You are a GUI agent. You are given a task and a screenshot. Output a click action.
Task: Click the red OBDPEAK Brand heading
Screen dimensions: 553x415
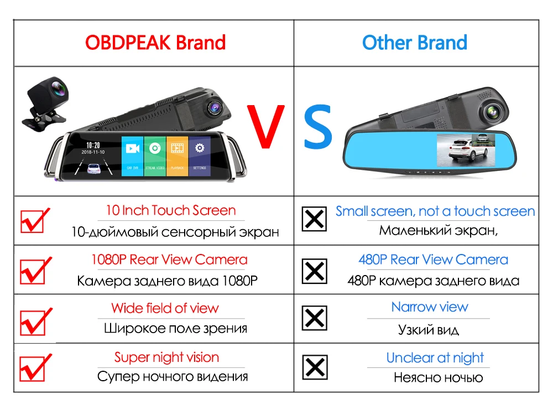click(155, 43)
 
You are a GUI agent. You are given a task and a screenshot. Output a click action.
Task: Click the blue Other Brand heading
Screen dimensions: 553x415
click(415, 43)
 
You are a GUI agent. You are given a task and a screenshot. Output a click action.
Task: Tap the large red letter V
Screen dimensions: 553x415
click(265, 126)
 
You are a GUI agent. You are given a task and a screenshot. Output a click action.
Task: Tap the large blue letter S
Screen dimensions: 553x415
click(318, 126)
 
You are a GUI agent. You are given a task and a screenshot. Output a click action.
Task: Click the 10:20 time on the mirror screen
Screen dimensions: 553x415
click(93, 145)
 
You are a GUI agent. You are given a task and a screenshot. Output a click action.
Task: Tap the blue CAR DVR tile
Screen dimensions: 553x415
click(132, 155)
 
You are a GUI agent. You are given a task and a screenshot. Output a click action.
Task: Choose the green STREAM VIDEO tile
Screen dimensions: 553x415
click(155, 155)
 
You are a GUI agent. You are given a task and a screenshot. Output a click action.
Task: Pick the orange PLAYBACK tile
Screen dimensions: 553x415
click(177, 155)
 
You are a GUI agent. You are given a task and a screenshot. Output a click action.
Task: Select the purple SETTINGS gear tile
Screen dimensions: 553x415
click(200, 155)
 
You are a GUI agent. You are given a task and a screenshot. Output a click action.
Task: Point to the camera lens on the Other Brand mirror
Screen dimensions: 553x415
click(493, 112)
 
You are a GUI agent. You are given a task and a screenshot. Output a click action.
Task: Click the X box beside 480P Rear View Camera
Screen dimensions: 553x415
click(314, 271)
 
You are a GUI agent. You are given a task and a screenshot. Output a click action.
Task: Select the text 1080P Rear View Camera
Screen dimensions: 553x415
click(169, 260)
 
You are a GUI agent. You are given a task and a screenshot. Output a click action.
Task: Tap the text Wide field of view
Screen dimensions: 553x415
click(165, 308)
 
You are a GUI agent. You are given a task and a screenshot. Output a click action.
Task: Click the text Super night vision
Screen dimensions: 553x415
click(166, 357)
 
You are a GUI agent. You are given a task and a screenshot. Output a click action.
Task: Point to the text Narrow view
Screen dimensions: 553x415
click(430, 307)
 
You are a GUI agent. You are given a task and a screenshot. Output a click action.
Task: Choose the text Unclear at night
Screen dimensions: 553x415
click(435, 358)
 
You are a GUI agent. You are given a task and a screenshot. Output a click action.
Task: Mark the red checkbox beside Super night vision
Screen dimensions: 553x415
click(35, 368)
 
